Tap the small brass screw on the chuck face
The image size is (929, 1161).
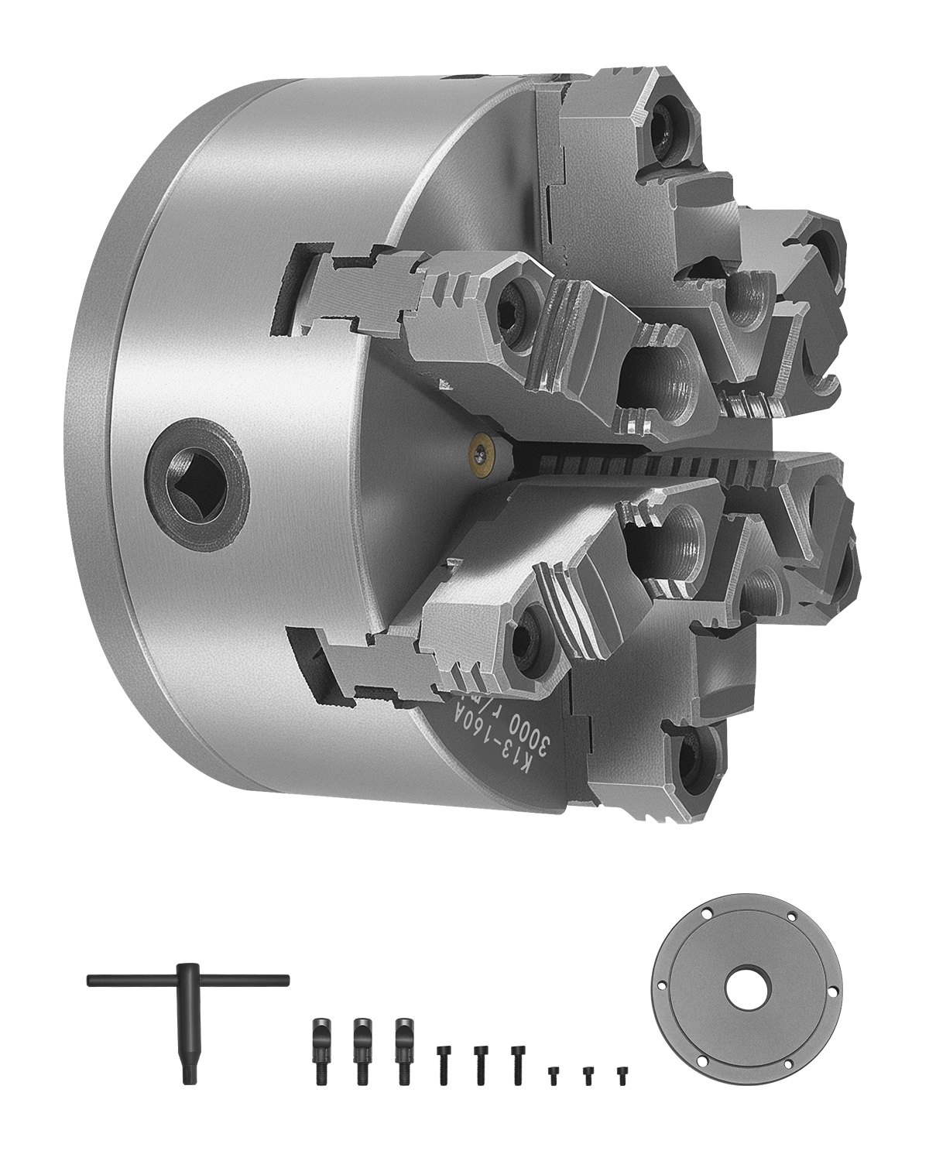482,450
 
